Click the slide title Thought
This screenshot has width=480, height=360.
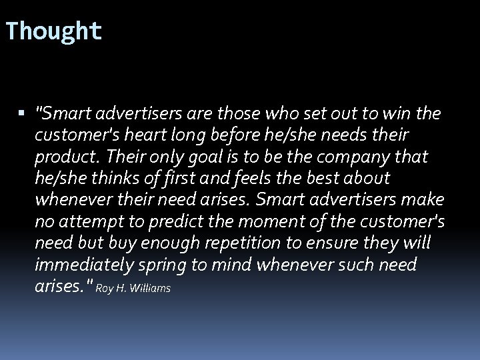pos(53,31)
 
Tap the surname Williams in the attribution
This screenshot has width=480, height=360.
pos(152,289)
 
